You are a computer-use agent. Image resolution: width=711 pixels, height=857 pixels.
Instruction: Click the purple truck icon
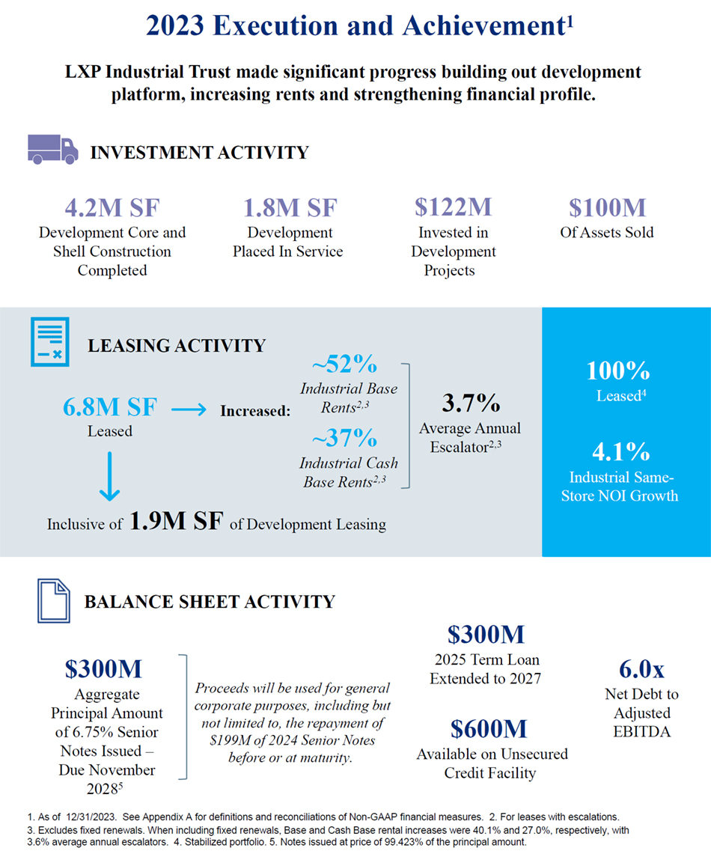click(52, 150)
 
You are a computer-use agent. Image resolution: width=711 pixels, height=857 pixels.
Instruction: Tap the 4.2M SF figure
click(112, 207)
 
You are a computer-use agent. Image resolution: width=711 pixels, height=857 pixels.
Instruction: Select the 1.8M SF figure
click(290, 207)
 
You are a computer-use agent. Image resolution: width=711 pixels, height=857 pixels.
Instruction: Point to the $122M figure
click(453, 207)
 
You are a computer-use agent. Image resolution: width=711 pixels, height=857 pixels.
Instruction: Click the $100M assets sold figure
click(606, 207)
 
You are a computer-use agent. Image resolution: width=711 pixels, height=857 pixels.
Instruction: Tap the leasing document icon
click(49, 342)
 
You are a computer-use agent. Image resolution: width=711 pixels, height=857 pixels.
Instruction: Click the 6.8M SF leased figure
click(110, 408)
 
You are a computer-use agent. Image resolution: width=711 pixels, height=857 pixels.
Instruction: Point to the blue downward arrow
click(110, 476)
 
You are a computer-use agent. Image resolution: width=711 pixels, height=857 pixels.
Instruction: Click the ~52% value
click(344, 365)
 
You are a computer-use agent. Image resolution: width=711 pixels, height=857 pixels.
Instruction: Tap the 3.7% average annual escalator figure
click(470, 403)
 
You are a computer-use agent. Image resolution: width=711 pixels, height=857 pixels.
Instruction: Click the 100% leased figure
click(617, 371)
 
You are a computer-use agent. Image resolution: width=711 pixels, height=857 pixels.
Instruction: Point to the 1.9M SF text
click(177, 522)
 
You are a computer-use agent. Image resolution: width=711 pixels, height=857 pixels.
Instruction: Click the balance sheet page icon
click(54, 602)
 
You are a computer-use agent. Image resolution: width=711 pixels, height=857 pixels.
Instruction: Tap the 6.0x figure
click(641, 668)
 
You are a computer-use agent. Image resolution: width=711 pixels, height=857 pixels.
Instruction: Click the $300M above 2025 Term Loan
click(486, 635)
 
